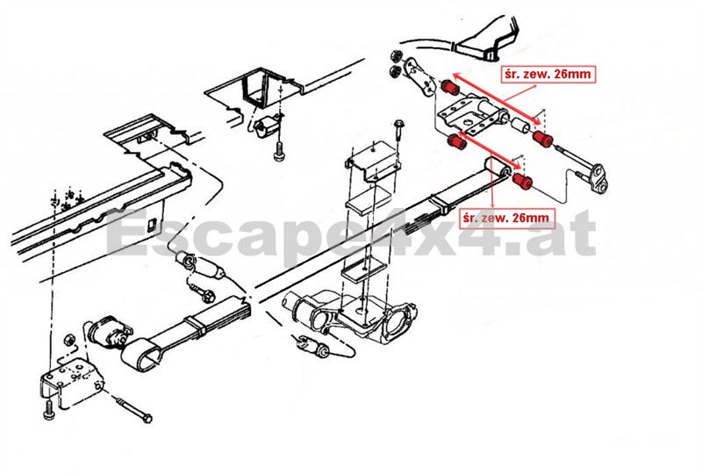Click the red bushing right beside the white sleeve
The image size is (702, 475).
tap(543, 139)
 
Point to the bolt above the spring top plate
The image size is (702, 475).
tap(400, 129)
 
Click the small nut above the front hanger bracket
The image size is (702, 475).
tap(68, 339)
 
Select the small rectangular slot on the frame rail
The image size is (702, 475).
tap(150, 224)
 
